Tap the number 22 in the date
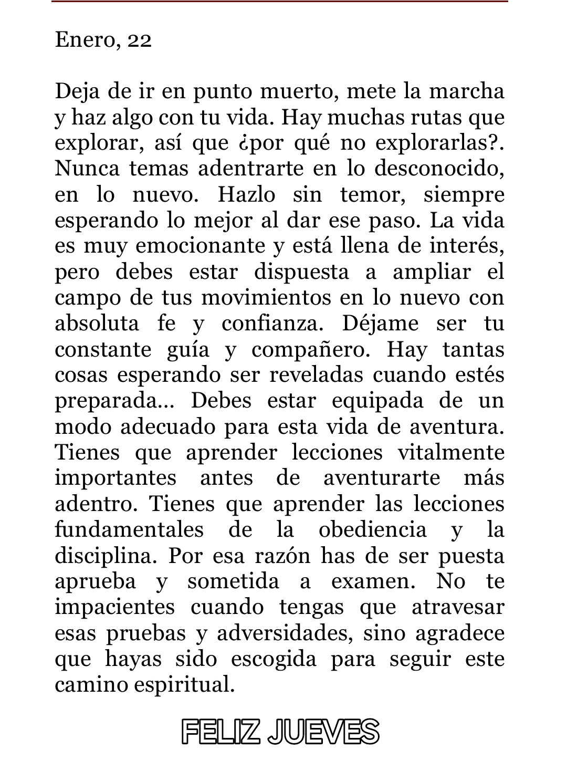pos(139,40)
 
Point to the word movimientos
pos(267,298)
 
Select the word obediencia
pos(373,529)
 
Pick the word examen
pos(372,581)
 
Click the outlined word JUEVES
pos(323,732)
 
